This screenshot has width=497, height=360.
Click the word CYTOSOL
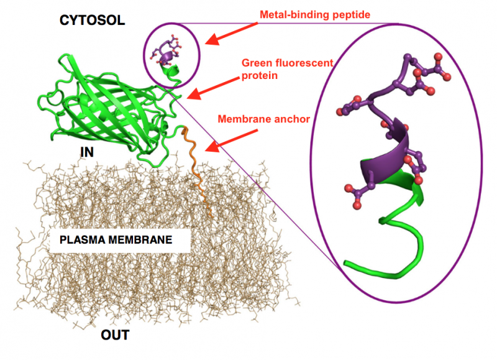(92, 20)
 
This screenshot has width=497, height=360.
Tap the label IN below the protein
(87, 151)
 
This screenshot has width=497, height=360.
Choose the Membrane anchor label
(263, 118)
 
